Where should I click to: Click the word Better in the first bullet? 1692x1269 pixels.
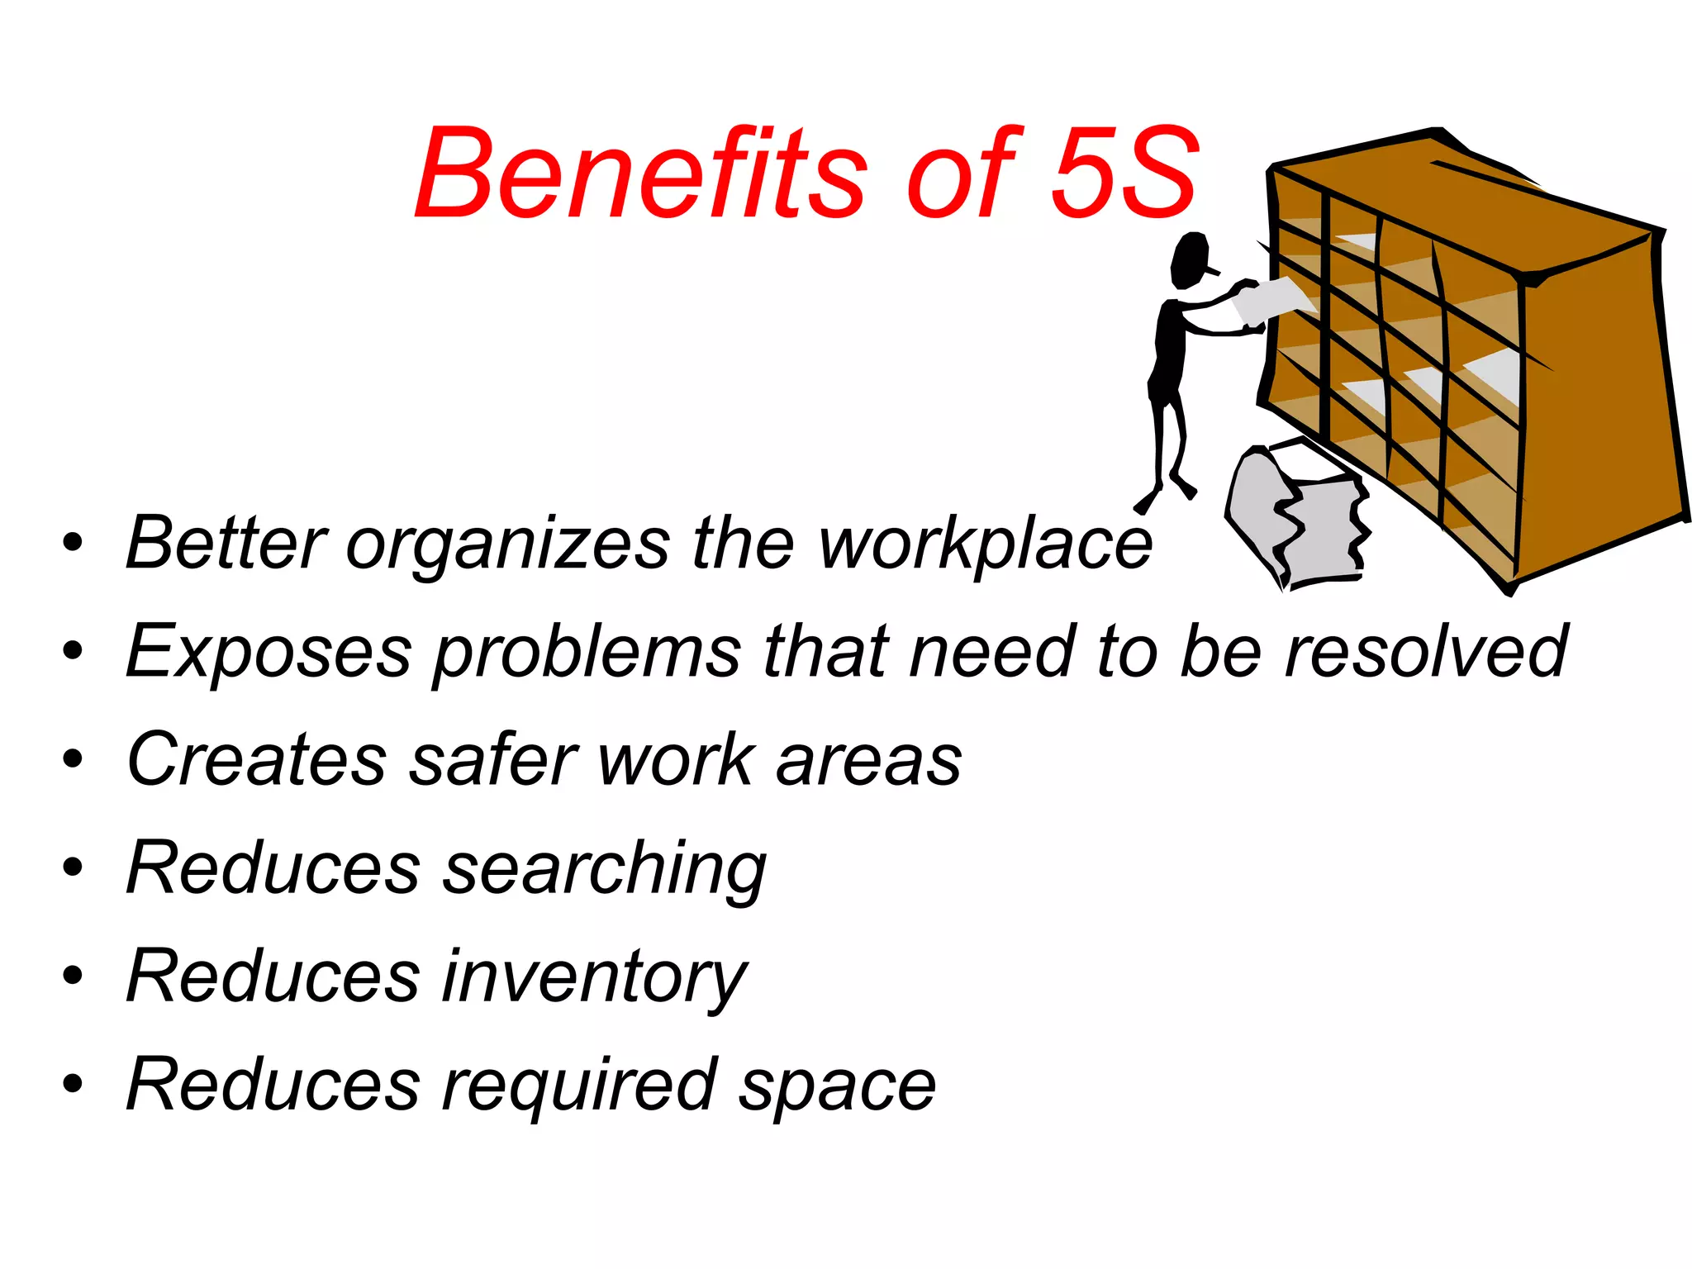tap(226, 543)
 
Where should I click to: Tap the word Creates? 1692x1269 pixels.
tap(257, 759)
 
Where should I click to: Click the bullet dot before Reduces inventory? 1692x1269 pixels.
tap(73, 976)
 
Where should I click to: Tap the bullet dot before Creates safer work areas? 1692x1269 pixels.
tap(73, 758)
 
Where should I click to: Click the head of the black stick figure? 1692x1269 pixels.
tap(1191, 260)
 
